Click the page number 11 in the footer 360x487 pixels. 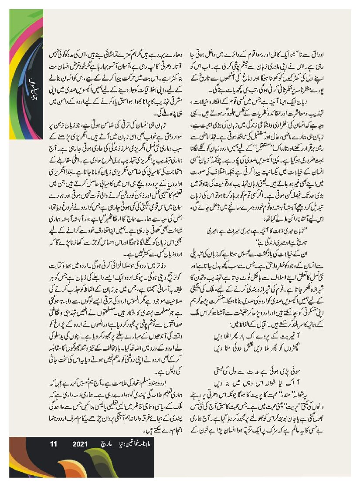click(54, 444)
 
